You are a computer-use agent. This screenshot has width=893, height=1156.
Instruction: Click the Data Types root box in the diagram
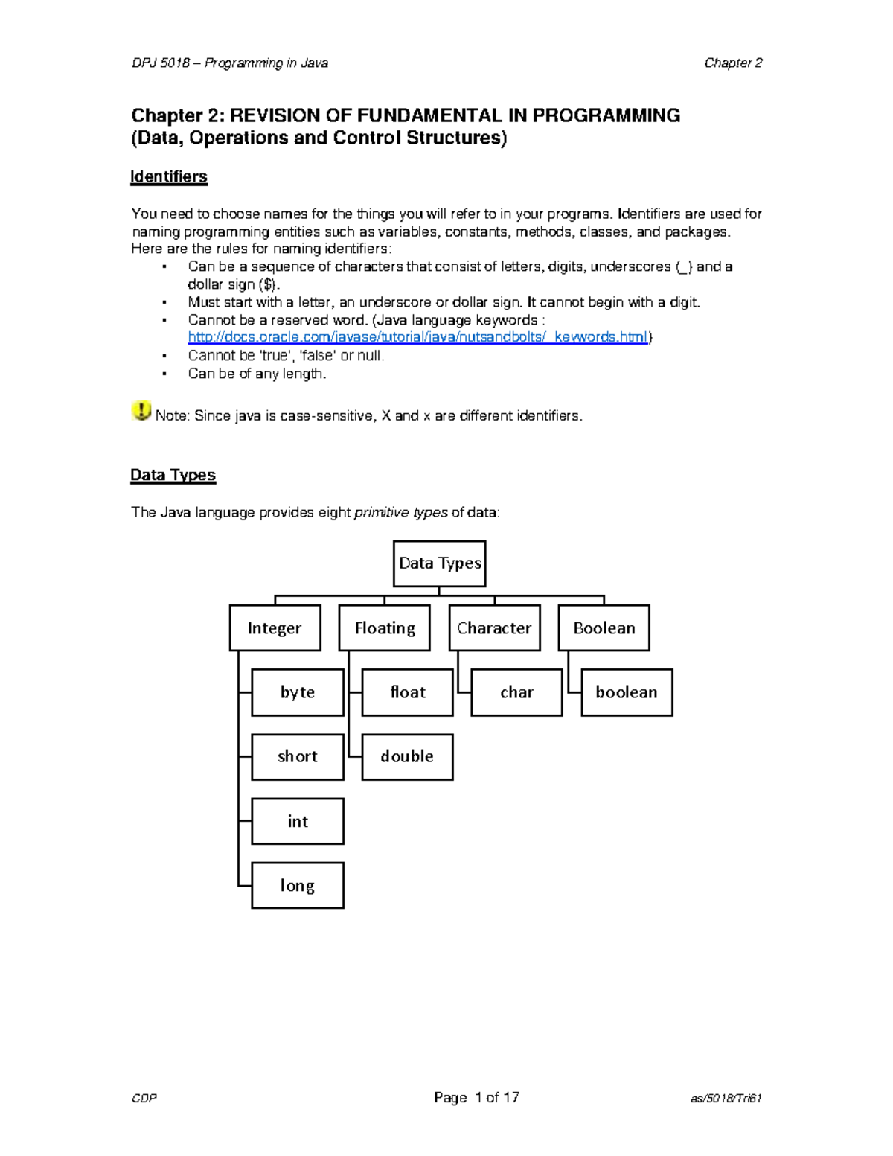pyautogui.click(x=439, y=563)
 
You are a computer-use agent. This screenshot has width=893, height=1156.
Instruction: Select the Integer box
pyautogui.click(x=275, y=628)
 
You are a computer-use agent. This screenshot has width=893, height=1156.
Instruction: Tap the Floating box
pyautogui.click(x=385, y=628)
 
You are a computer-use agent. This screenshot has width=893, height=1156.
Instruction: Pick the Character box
pyautogui.click(x=494, y=628)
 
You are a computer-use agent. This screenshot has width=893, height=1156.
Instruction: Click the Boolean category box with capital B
pyautogui.click(x=604, y=628)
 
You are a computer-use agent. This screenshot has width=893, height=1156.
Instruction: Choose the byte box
pyautogui.click(x=298, y=692)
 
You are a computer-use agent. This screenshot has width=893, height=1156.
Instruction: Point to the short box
pyautogui.click(x=298, y=757)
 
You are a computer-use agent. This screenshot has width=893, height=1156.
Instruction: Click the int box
pyautogui.click(x=298, y=821)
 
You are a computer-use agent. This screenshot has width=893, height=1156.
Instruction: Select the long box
pyautogui.click(x=298, y=885)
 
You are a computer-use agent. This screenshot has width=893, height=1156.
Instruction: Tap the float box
pyautogui.click(x=408, y=692)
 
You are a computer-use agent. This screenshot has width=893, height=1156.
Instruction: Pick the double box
pyautogui.click(x=408, y=757)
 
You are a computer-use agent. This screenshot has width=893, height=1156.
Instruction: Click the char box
pyautogui.click(x=516, y=692)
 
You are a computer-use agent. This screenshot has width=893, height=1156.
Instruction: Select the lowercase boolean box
pyautogui.click(x=627, y=692)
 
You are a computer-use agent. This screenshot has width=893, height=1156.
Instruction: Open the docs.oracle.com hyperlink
pyautogui.click(x=418, y=337)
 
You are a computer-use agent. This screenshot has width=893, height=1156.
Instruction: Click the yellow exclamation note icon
pyautogui.click(x=141, y=411)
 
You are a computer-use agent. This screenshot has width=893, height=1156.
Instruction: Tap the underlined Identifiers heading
pyautogui.click(x=169, y=176)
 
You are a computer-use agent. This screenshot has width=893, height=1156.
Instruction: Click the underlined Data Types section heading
pyautogui.click(x=173, y=475)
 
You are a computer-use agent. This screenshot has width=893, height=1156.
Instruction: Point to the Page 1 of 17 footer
pyautogui.click(x=476, y=1097)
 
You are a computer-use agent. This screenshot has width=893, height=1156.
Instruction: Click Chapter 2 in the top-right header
pyautogui.click(x=733, y=63)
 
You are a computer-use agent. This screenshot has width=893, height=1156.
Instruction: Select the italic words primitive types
pyautogui.click(x=401, y=512)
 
